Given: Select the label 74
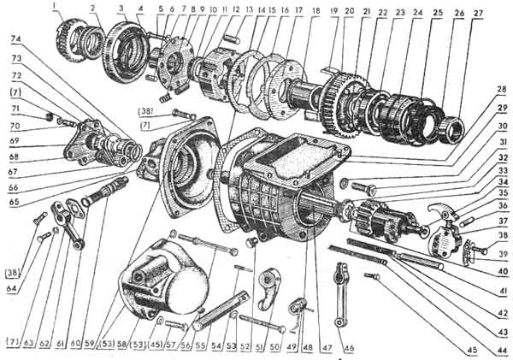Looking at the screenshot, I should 16,40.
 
